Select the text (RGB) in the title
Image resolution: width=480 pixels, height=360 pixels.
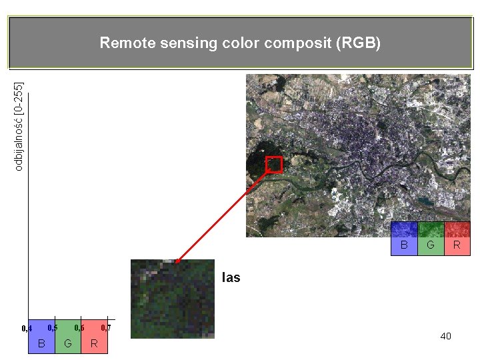pyautogui.click(x=359, y=44)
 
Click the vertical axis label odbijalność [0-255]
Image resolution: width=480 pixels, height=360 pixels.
pyautogui.click(x=19, y=125)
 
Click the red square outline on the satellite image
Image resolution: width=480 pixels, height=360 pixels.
pyautogui.click(x=274, y=165)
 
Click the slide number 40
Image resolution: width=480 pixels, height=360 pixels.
pyautogui.click(x=445, y=336)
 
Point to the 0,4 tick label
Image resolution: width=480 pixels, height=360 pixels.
pyautogui.click(x=27, y=329)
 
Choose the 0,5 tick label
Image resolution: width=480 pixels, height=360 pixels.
pyautogui.click(x=53, y=327)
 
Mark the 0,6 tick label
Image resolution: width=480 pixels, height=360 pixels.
pyautogui.click(x=79, y=327)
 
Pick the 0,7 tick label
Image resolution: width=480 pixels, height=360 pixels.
pyautogui.click(x=105, y=327)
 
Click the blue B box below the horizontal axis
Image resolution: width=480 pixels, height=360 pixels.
pyautogui.click(x=41, y=337)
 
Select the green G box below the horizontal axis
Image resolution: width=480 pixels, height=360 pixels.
pyautogui.click(x=68, y=337)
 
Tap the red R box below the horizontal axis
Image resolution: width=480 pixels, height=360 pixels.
pyautogui.click(x=95, y=337)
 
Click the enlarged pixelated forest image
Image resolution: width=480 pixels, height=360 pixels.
pyautogui.click(x=173, y=299)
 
